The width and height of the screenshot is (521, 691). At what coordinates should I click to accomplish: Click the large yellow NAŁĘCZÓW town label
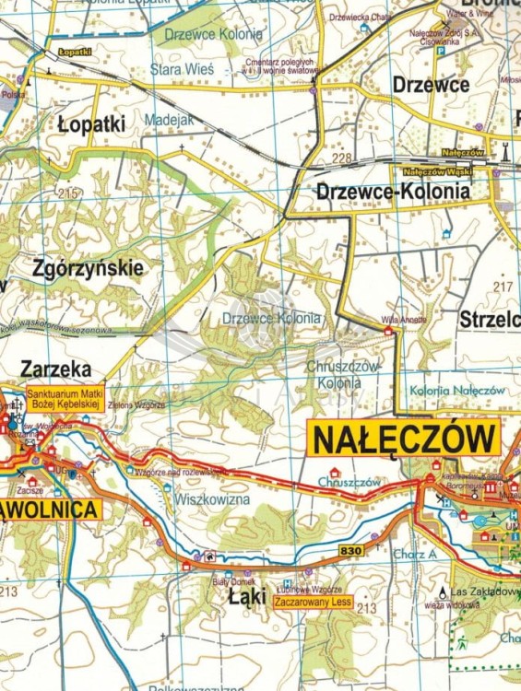click(403, 439)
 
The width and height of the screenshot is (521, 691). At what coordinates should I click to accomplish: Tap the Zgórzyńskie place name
click(88, 269)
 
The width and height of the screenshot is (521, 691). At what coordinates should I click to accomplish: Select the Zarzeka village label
click(55, 369)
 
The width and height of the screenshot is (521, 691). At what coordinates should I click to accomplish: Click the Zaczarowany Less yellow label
click(314, 603)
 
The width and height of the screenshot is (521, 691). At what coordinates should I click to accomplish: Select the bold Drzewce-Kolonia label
click(393, 192)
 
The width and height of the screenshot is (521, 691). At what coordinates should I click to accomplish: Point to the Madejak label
click(169, 121)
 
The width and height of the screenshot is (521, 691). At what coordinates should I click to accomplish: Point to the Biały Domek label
click(226, 582)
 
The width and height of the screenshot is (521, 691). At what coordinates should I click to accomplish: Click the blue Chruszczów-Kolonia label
click(341, 372)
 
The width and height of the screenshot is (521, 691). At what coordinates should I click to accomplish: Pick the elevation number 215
click(66, 193)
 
